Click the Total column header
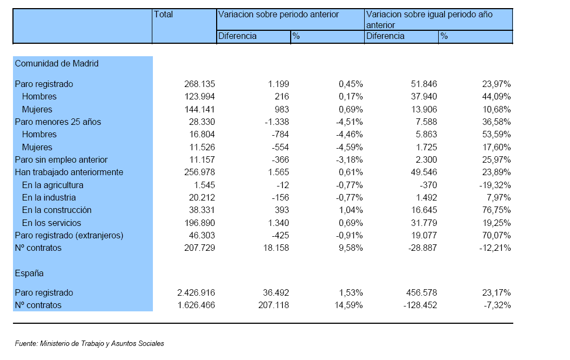(x=163, y=15)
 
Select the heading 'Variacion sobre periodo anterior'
(x=278, y=15)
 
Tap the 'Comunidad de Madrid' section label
(x=57, y=64)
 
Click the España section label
(x=29, y=274)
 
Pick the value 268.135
(x=199, y=84)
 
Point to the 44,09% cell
(x=497, y=97)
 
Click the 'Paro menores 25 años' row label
(x=58, y=122)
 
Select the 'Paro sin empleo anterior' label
(x=61, y=159)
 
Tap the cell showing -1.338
(x=277, y=122)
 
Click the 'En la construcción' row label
(x=57, y=210)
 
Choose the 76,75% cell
(x=497, y=210)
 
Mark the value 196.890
(x=199, y=223)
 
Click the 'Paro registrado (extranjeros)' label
(x=69, y=235)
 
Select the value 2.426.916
(x=196, y=293)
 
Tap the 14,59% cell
(x=348, y=305)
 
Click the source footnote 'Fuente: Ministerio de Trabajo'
(x=90, y=344)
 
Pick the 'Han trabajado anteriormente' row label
(x=69, y=172)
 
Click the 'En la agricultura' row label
(x=53, y=185)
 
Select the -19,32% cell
(x=495, y=185)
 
